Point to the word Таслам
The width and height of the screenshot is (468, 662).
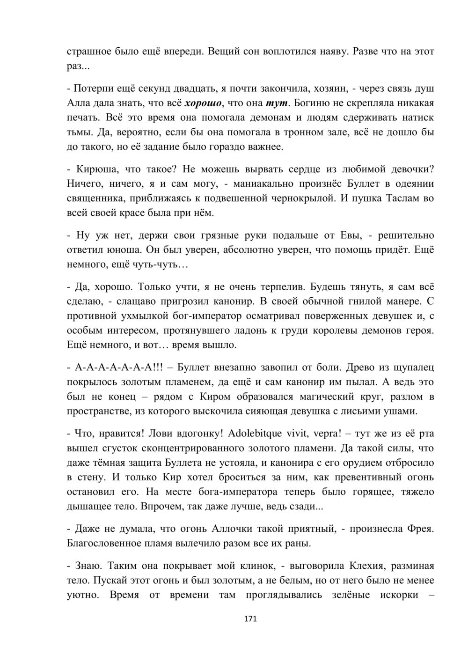[x=405, y=198]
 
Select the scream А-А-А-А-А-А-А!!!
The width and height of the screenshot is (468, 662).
[x=119, y=368]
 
